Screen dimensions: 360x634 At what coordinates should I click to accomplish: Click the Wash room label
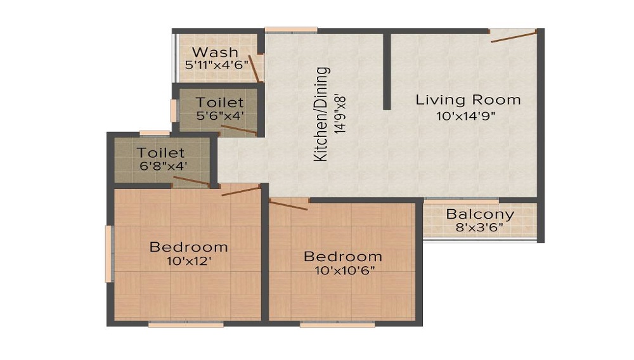coord(215,52)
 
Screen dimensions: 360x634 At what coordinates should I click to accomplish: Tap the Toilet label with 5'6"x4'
coord(219,102)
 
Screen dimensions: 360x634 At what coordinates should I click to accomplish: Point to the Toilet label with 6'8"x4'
coord(161,153)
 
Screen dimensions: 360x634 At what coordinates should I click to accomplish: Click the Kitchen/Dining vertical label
coord(323,114)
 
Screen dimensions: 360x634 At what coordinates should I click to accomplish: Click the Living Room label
coord(468,100)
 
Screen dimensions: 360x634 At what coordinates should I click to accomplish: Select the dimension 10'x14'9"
coord(468,116)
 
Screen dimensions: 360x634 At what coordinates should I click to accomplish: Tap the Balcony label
coord(479,214)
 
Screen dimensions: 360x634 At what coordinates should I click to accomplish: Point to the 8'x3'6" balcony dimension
coord(479,228)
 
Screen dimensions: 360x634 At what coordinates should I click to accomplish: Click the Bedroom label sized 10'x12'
coord(188,247)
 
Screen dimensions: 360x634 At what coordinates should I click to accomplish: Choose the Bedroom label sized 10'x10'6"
coord(343,257)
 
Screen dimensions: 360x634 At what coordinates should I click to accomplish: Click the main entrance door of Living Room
coord(514,36)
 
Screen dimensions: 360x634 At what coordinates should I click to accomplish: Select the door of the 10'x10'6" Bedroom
coord(288,204)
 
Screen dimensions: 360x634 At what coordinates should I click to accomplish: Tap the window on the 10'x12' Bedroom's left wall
coord(108,254)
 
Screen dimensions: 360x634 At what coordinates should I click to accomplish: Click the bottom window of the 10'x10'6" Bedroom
coord(326,325)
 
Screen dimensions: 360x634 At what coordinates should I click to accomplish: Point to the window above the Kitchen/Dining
coord(291,29)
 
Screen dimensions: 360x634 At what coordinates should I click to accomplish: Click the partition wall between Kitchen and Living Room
coord(386,71)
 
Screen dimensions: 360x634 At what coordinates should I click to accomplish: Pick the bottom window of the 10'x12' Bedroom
coord(186,325)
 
